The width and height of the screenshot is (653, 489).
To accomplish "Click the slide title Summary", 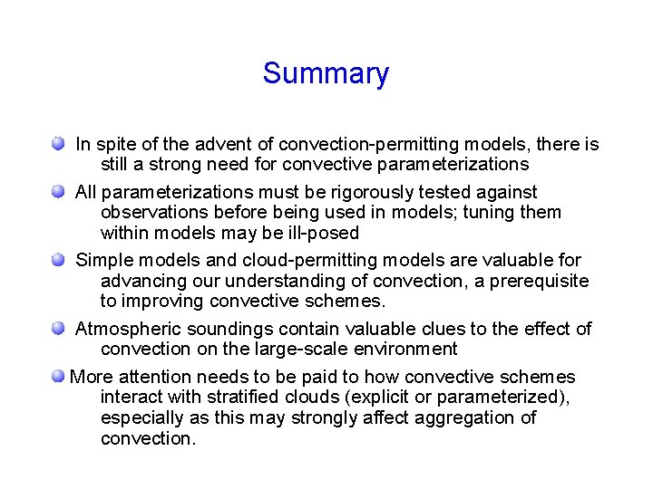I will coord(326,73).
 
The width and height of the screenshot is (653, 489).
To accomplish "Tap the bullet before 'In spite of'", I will coord(58,143).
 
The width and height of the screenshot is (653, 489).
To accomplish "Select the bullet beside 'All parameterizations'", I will coord(58,192).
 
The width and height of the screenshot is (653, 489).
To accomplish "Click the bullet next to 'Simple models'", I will coord(58,260).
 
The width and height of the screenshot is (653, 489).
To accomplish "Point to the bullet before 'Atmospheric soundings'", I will coord(58,328).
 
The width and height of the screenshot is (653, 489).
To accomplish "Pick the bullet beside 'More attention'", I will coord(58,376).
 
